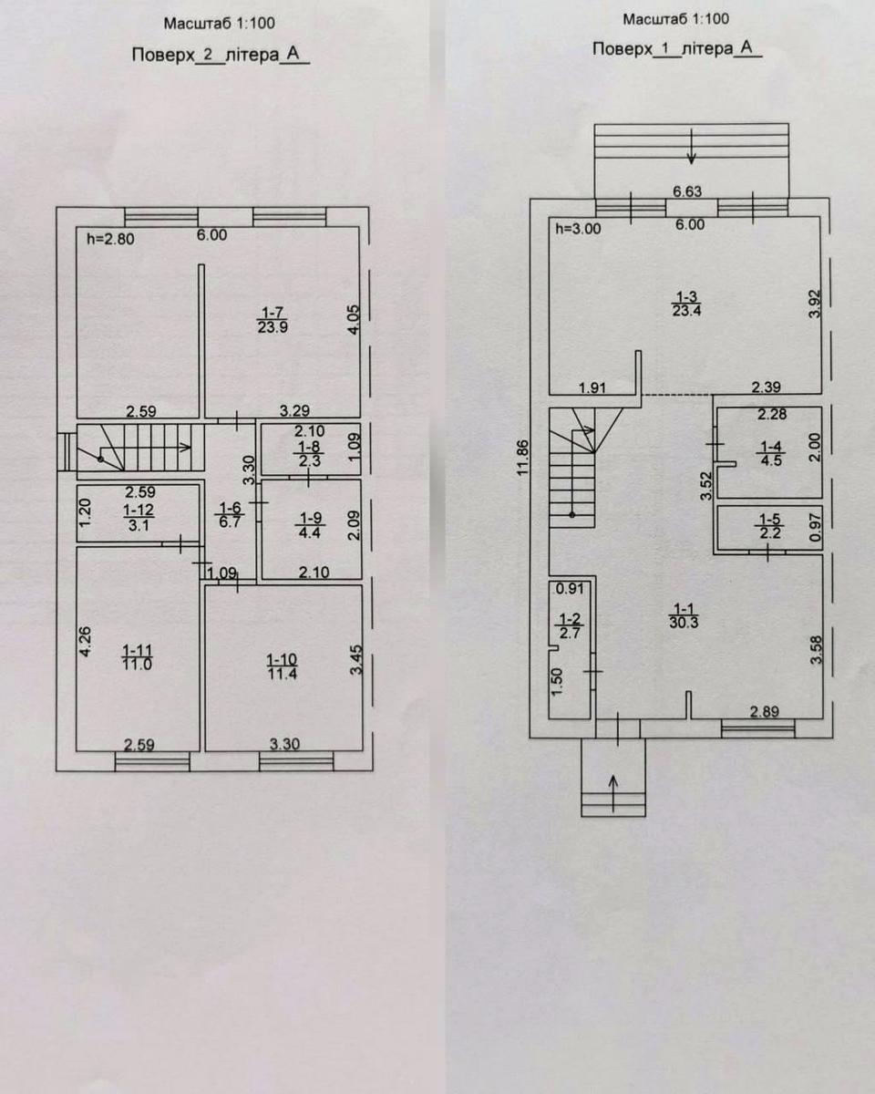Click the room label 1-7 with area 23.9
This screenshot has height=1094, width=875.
[273, 320]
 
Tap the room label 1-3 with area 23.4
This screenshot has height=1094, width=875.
[686, 304]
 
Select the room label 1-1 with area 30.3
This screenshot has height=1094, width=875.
[684, 615]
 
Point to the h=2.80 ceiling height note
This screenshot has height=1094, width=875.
[110, 239]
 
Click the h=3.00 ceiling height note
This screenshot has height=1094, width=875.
[578, 229]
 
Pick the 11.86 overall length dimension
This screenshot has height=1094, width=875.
[523, 457]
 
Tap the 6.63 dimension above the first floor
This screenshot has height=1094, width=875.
[687, 191]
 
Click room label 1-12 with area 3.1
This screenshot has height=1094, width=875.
[139, 517]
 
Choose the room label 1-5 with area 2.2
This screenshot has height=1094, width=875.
[770, 526]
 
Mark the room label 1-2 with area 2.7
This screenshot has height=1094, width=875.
[570, 625]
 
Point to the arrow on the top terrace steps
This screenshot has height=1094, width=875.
[691, 147]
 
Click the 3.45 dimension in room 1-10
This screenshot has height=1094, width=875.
[357, 659]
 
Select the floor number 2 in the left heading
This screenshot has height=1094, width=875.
[208, 55]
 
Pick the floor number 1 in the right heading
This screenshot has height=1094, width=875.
[666, 49]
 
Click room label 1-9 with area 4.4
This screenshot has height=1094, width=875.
[310, 525]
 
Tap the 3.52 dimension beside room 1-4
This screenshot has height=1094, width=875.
[706, 486]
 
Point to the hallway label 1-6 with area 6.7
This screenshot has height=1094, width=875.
[230, 514]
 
